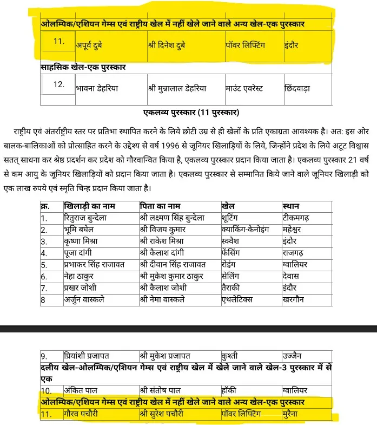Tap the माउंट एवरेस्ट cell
tap(244, 88)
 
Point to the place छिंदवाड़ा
tap(297, 88)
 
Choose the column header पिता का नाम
tap(158, 206)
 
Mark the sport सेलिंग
tap(232, 276)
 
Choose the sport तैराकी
tap(232, 287)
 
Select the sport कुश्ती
tap(230, 356)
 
